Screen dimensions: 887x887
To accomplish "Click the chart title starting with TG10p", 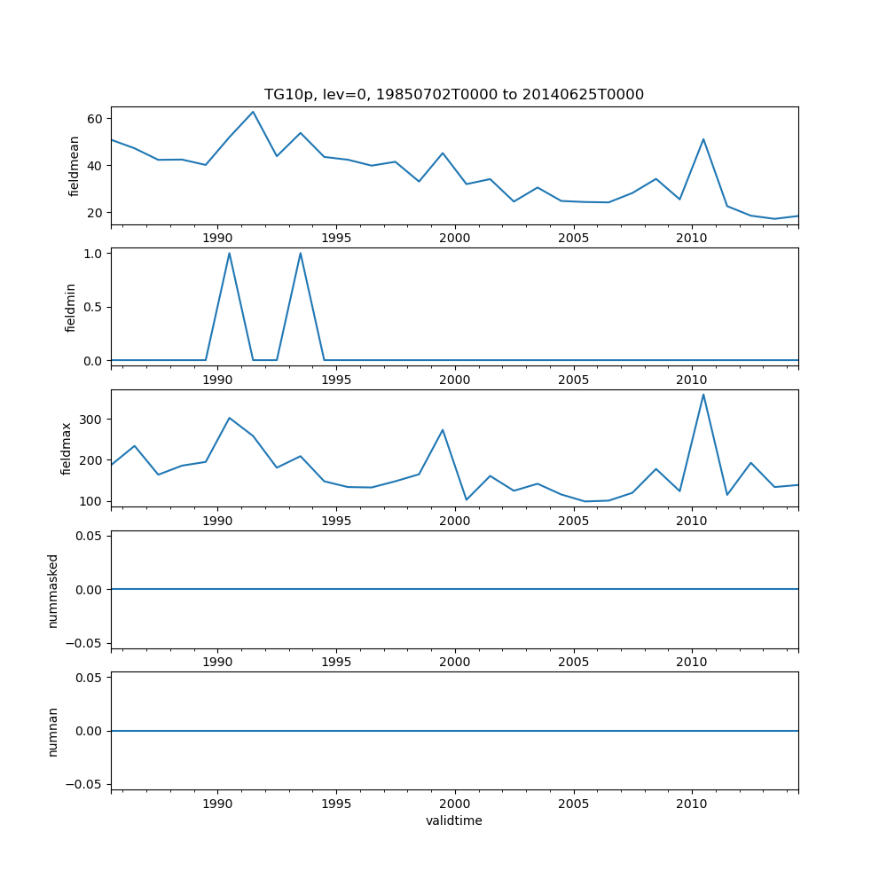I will pyautogui.click(x=454, y=94).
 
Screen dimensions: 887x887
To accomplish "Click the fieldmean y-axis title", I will pyautogui.click(x=75, y=166).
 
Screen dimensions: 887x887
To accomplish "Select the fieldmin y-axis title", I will pyautogui.click(x=71, y=307).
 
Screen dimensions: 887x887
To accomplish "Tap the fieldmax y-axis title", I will pyautogui.click(x=66, y=448).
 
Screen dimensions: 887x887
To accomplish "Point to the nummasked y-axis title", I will pyautogui.click(x=53, y=590).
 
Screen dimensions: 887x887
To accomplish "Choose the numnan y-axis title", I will pyautogui.click(x=53, y=731).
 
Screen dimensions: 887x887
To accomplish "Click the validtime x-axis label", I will pyautogui.click(x=454, y=820).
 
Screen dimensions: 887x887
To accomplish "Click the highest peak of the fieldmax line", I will pyautogui.click(x=703, y=394).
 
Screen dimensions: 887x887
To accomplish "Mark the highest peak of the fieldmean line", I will pyautogui.click(x=253, y=112).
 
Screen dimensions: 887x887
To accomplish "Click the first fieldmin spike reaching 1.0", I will pyautogui.click(x=229, y=253).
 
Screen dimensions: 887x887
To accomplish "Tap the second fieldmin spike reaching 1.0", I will pyautogui.click(x=301, y=253).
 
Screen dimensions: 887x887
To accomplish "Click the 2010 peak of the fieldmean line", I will pyautogui.click(x=703, y=139).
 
